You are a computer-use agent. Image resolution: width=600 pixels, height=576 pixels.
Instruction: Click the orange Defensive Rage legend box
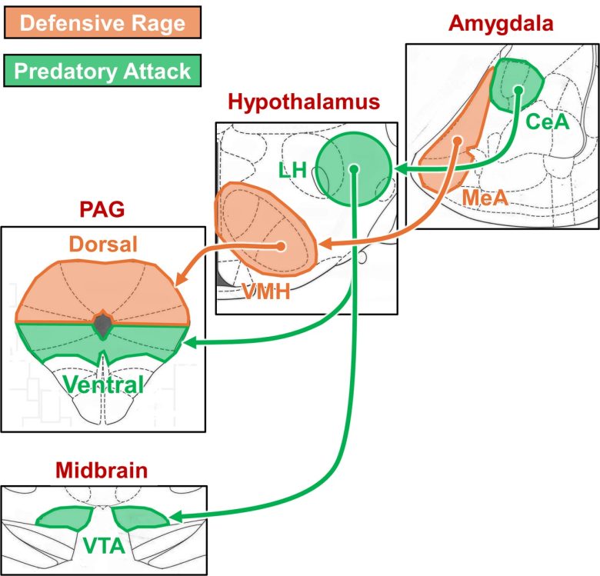102,22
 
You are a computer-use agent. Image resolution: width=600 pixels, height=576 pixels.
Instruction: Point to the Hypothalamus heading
305,103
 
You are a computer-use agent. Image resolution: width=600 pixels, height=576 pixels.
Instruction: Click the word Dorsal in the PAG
103,245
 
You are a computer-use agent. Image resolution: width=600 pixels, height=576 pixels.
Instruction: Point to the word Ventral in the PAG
103,385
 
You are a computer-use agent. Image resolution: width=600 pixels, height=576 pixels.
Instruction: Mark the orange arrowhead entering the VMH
325,245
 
